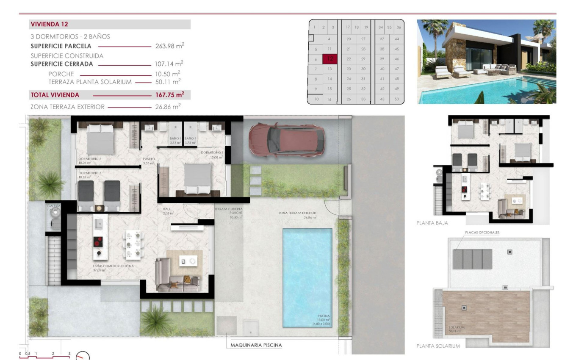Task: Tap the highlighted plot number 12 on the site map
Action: point(330,59)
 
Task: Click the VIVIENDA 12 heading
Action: point(50,25)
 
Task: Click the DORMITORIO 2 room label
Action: point(89,159)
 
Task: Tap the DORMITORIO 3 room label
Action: point(89,173)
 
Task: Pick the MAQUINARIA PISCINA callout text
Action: point(256,345)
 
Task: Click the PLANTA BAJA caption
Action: point(432,222)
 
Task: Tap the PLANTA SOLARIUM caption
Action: point(438,346)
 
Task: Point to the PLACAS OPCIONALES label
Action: point(482,233)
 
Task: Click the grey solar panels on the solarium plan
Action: point(472,259)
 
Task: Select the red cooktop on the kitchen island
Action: point(99,241)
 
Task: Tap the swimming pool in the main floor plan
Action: point(307,277)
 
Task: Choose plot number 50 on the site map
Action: point(396,99)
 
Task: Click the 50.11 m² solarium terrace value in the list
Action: point(167,81)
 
